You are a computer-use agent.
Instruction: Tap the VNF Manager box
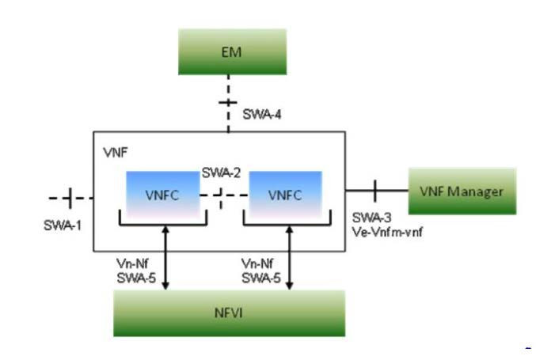[462, 191]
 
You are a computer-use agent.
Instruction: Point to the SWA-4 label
[259, 116]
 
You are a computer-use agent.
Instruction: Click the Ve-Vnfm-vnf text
[384, 231]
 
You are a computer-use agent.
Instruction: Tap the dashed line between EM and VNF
[228, 104]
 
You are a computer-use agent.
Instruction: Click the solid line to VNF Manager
[376, 190]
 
